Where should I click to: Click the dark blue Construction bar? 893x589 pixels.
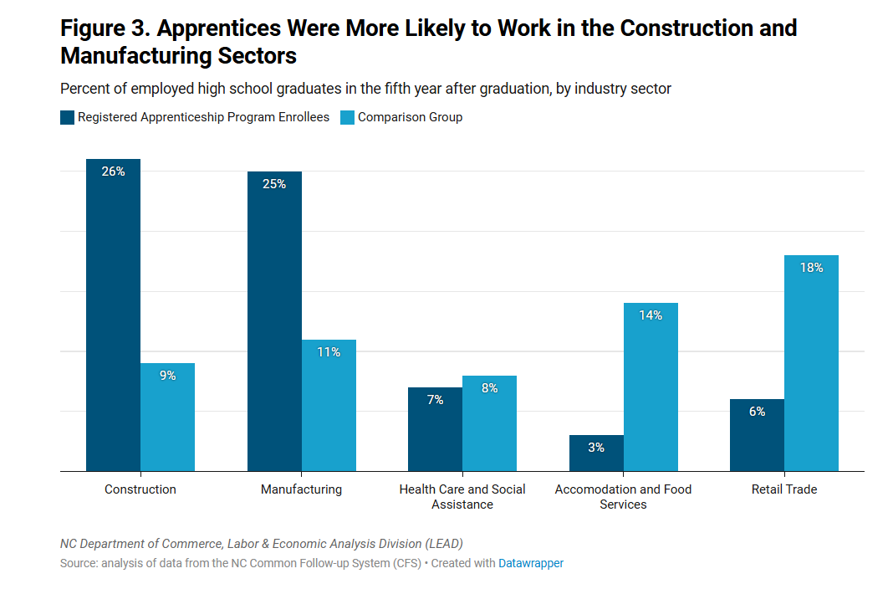point(113,315)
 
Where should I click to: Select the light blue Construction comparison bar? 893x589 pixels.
point(167,417)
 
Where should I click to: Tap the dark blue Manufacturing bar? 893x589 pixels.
point(274,321)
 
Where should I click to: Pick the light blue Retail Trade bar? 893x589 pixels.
point(811,363)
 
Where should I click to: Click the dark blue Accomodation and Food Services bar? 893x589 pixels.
point(596,453)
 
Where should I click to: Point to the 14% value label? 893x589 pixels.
point(651,315)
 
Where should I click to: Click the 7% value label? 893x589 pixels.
point(435,400)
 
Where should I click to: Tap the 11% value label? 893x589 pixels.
point(329,352)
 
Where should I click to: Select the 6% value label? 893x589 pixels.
point(757,412)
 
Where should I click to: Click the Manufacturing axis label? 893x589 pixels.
point(301,489)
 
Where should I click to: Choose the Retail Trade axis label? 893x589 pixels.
point(784,489)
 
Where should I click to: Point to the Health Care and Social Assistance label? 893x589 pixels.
point(462,497)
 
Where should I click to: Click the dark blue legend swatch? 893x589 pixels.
point(67,117)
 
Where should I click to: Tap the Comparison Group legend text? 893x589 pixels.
point(410,117)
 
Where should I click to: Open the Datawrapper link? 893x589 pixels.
point(531,563)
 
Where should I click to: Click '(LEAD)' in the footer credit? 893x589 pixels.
point(444,544)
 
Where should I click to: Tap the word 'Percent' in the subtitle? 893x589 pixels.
point(82,89)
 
